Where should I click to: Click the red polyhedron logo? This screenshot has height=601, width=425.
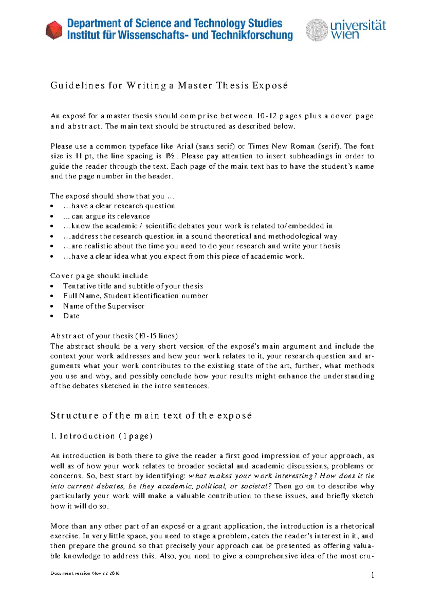click(54, 30)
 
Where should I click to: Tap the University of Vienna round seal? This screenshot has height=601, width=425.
click(317, 30)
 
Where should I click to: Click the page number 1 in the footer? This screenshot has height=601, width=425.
click(373, 575)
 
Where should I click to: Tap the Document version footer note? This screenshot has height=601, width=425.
click(85, 573)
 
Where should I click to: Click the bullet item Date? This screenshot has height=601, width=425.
click(71, 316)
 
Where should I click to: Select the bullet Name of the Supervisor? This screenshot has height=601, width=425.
click(104, 306)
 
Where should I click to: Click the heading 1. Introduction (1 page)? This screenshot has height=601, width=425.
click(102, 436)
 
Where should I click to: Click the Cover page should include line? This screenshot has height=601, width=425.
click(99, 276)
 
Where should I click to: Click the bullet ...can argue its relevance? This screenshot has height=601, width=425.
click(106, 216)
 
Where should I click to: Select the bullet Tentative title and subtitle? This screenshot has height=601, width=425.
click(133, 286)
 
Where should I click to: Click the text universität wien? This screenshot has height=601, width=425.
click(358, 29)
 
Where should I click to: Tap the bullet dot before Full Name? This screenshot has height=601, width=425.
click(52, 296)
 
